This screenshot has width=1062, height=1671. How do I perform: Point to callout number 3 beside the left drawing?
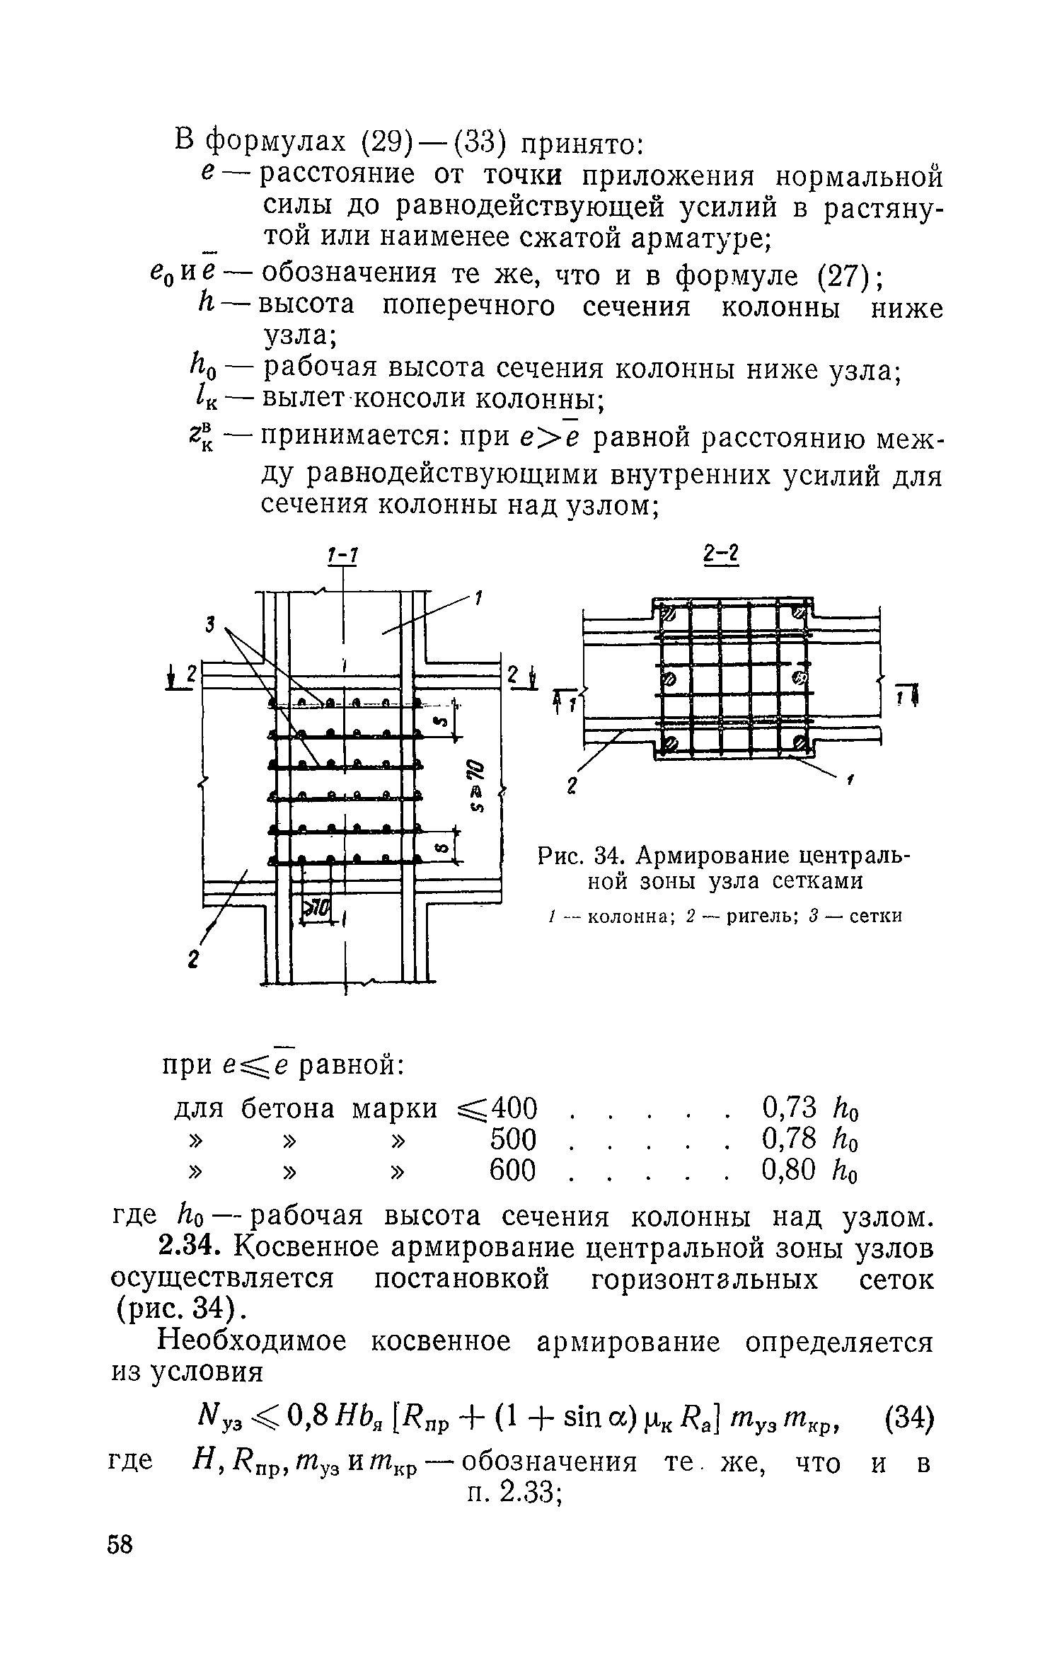click(210, 624)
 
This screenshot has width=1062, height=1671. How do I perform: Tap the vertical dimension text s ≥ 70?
click(479, 786)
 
